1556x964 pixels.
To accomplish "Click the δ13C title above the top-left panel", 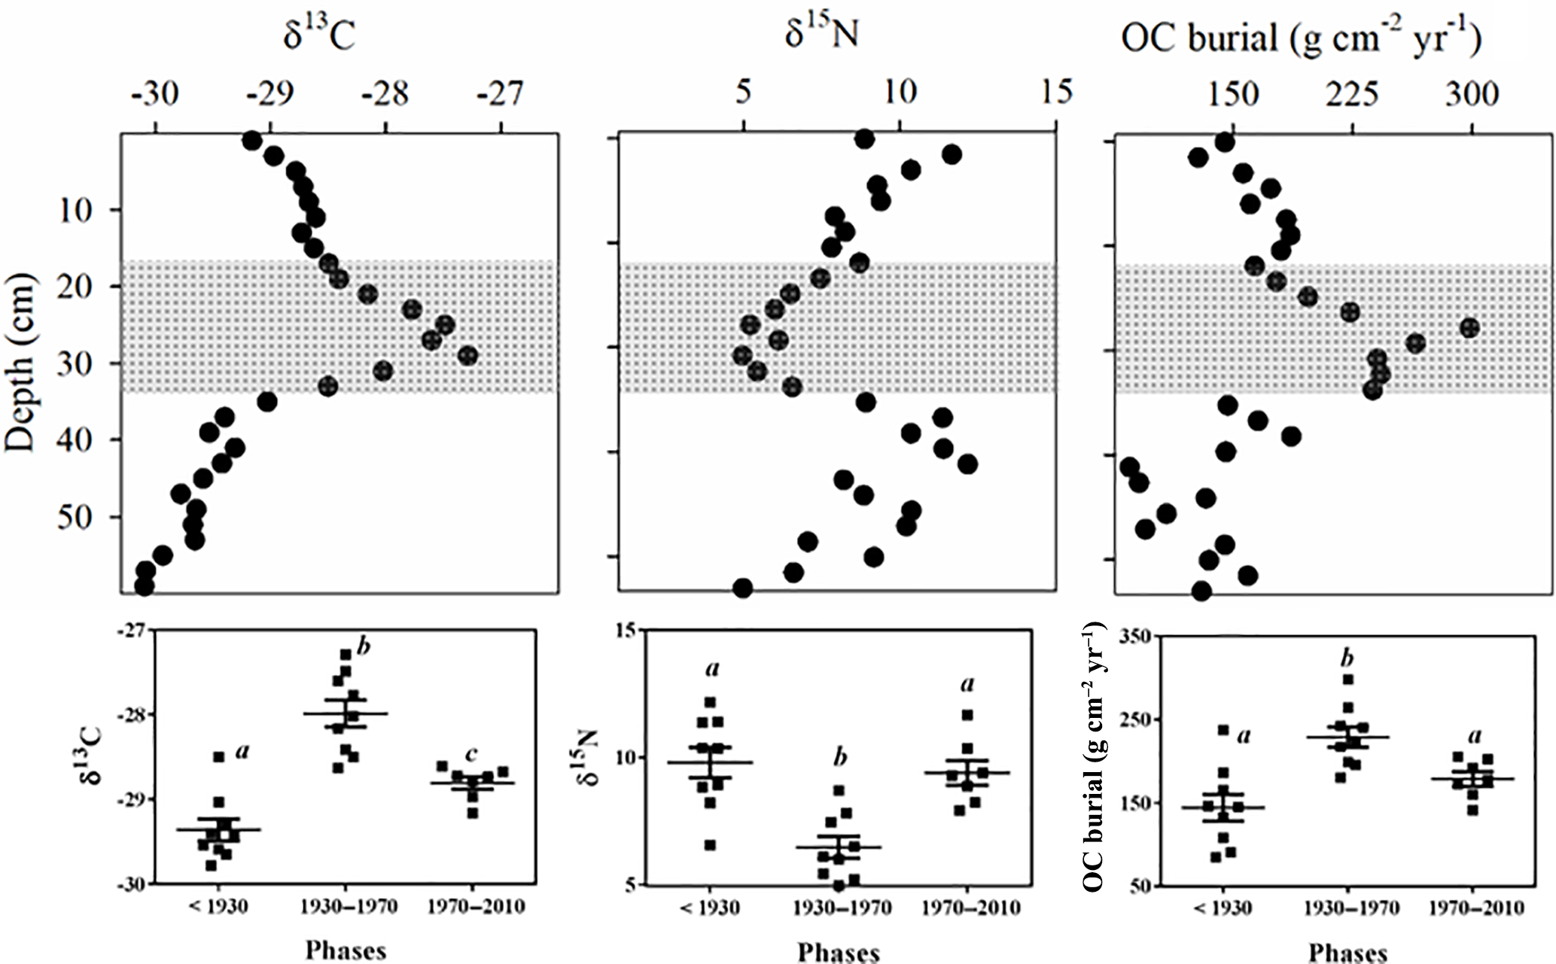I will click(x=318, y=35).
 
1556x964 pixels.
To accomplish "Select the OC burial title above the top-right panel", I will click(x=1301, y=38).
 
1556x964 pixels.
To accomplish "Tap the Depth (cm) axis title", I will click(x=21, y=363).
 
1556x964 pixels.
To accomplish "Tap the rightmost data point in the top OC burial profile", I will click(x=1469, y=328).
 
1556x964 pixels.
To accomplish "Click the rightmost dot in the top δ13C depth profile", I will click(x=467, y=355).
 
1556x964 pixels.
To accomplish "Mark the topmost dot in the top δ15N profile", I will click(x=865, y=138).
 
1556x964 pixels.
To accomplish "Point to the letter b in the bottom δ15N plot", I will click(x=839, y=757).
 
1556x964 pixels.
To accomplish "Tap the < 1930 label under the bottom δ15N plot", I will click(x=710, y=908).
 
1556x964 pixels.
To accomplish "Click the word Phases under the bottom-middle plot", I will click(x=839, y=952).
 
